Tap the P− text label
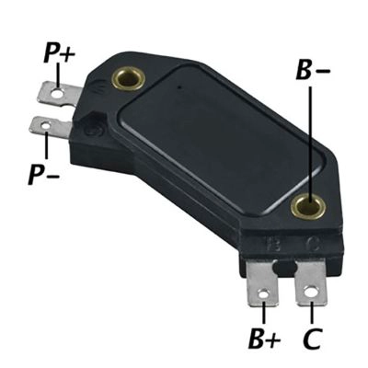coord(44,174)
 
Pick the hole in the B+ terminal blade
coord(264,294)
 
